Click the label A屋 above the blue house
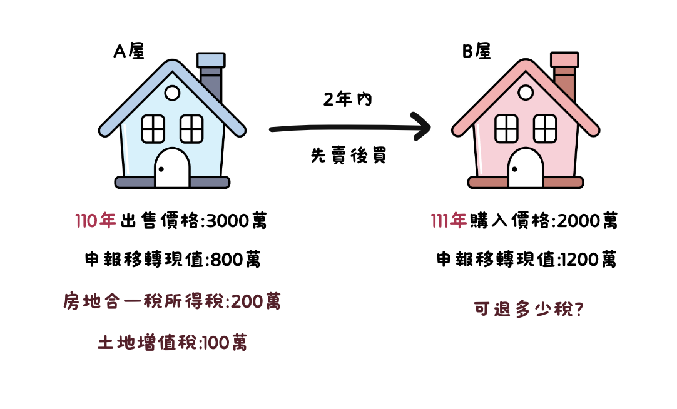click(x=129, y=52)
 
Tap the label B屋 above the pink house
click(x=476, y=52)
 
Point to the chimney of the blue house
click(x=211, y=78)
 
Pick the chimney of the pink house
click(x=564, y=78)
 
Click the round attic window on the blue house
click(x=172, y=94)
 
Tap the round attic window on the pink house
click(x=526, y=94)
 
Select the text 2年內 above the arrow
click(x=348, y=99)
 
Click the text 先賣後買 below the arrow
click(x=349, y=156)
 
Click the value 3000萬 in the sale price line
click(x=237, y=221)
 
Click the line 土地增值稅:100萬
click(x=172, y=343)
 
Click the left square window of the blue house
click(x=153, y=129)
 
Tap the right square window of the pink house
click(x=544, y=129)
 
